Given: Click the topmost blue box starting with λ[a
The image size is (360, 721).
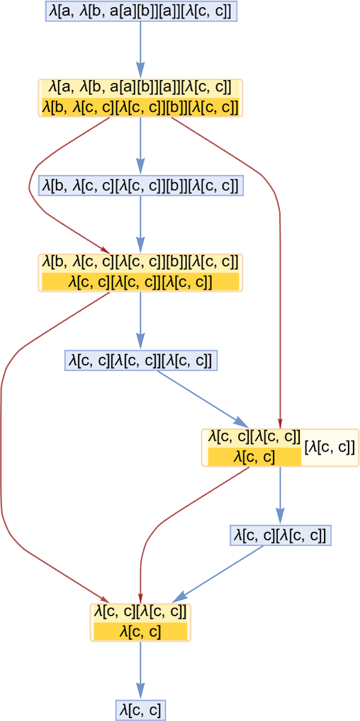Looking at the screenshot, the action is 140,11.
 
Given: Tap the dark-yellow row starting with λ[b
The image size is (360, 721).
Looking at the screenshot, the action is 140,107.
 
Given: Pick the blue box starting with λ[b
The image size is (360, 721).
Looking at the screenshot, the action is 140,186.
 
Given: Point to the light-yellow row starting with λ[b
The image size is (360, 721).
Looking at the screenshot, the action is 140,263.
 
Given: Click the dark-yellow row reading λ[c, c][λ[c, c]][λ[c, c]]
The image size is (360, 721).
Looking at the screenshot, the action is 140,281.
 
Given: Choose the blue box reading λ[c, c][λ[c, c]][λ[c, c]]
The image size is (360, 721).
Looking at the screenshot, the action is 140,360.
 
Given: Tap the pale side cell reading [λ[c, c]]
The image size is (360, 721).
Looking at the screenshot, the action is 329,448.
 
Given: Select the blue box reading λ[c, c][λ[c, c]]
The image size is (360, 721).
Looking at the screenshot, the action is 281,535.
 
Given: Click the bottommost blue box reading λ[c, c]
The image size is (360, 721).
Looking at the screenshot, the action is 140,710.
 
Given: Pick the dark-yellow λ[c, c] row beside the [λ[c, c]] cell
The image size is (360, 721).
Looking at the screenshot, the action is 255,457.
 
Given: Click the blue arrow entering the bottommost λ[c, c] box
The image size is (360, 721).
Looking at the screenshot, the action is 140,671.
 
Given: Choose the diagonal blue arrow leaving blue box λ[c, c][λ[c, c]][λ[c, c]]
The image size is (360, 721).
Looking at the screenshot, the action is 203,398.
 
